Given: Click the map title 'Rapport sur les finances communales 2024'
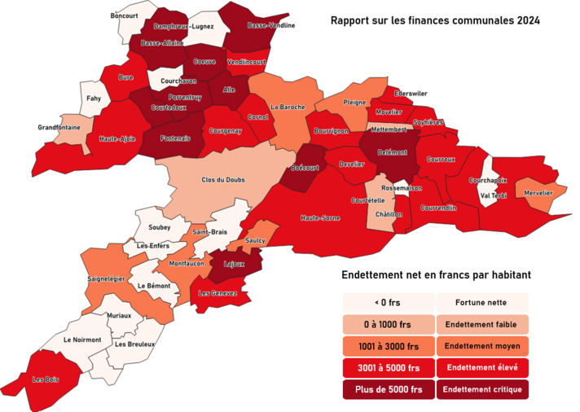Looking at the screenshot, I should (x=435, y=20).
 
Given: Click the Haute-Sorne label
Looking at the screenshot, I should (x=320, y=218).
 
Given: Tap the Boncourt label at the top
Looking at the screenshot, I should (x=125, y=15).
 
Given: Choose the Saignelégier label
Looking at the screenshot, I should (x=106, y=278).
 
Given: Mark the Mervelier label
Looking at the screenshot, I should (x=538, y=193).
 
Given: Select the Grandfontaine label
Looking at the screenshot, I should (x=59, y=127).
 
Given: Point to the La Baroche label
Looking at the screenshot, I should (x=287, y=107).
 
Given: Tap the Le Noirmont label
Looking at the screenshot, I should (x=82, y=340).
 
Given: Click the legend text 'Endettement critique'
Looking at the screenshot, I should (x=482, y=390).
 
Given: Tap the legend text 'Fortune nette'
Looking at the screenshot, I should (x=482, y=302).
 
